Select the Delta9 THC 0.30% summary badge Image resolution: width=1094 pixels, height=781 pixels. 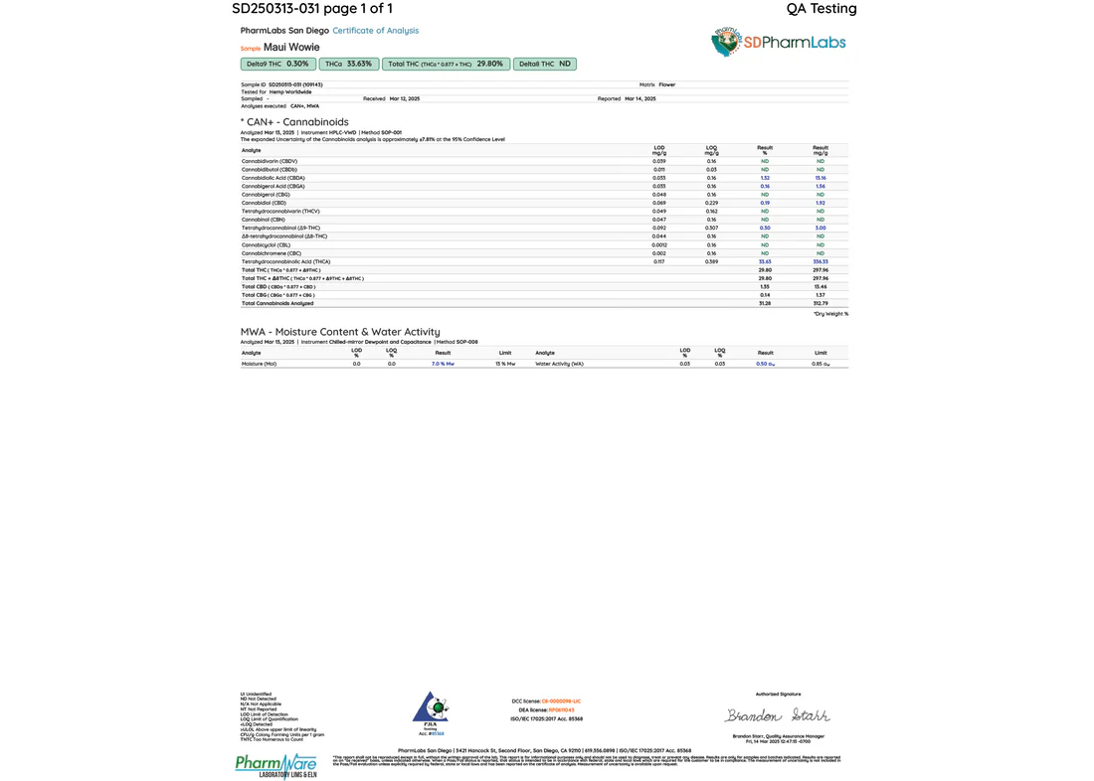(277, 64)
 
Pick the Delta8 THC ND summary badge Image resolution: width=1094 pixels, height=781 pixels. (545, 64)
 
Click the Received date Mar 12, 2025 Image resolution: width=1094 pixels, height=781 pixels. (405, 99)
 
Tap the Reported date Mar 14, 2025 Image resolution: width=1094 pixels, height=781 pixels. (639, 99)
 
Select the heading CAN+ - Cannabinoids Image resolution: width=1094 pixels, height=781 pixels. (294, 121)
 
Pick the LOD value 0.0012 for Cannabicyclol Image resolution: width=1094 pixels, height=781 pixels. (659, 244)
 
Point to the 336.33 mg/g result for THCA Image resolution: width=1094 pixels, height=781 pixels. (820, 261)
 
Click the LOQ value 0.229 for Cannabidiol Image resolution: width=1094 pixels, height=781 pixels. (711, 203)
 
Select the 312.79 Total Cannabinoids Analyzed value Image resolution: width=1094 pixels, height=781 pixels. (820, 303)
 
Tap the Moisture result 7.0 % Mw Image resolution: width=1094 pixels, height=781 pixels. (443, 365)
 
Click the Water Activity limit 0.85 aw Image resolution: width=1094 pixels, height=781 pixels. (820, 365)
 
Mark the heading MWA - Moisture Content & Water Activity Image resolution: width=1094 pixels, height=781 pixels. (340, 332)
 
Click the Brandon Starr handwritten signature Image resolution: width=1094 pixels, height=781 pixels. (778, 715)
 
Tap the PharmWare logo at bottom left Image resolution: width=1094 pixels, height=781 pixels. (276, 765)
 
